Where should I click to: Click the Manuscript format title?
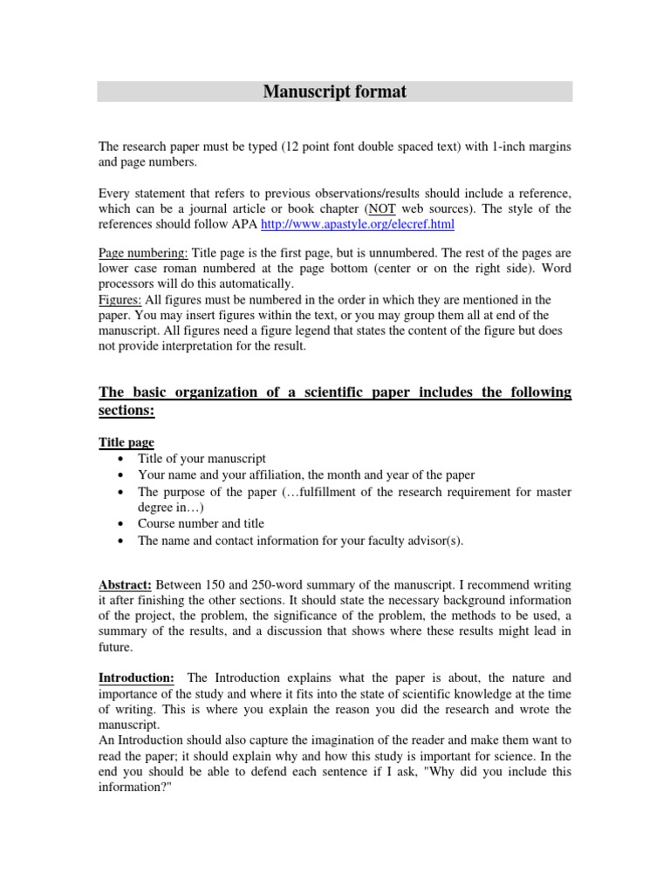pyautogui.click(x=335, y=92)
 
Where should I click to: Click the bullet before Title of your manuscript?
pyautogui.click(x=119, y=460)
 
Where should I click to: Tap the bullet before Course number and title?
pyautogui.click(x=119, y=525)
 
